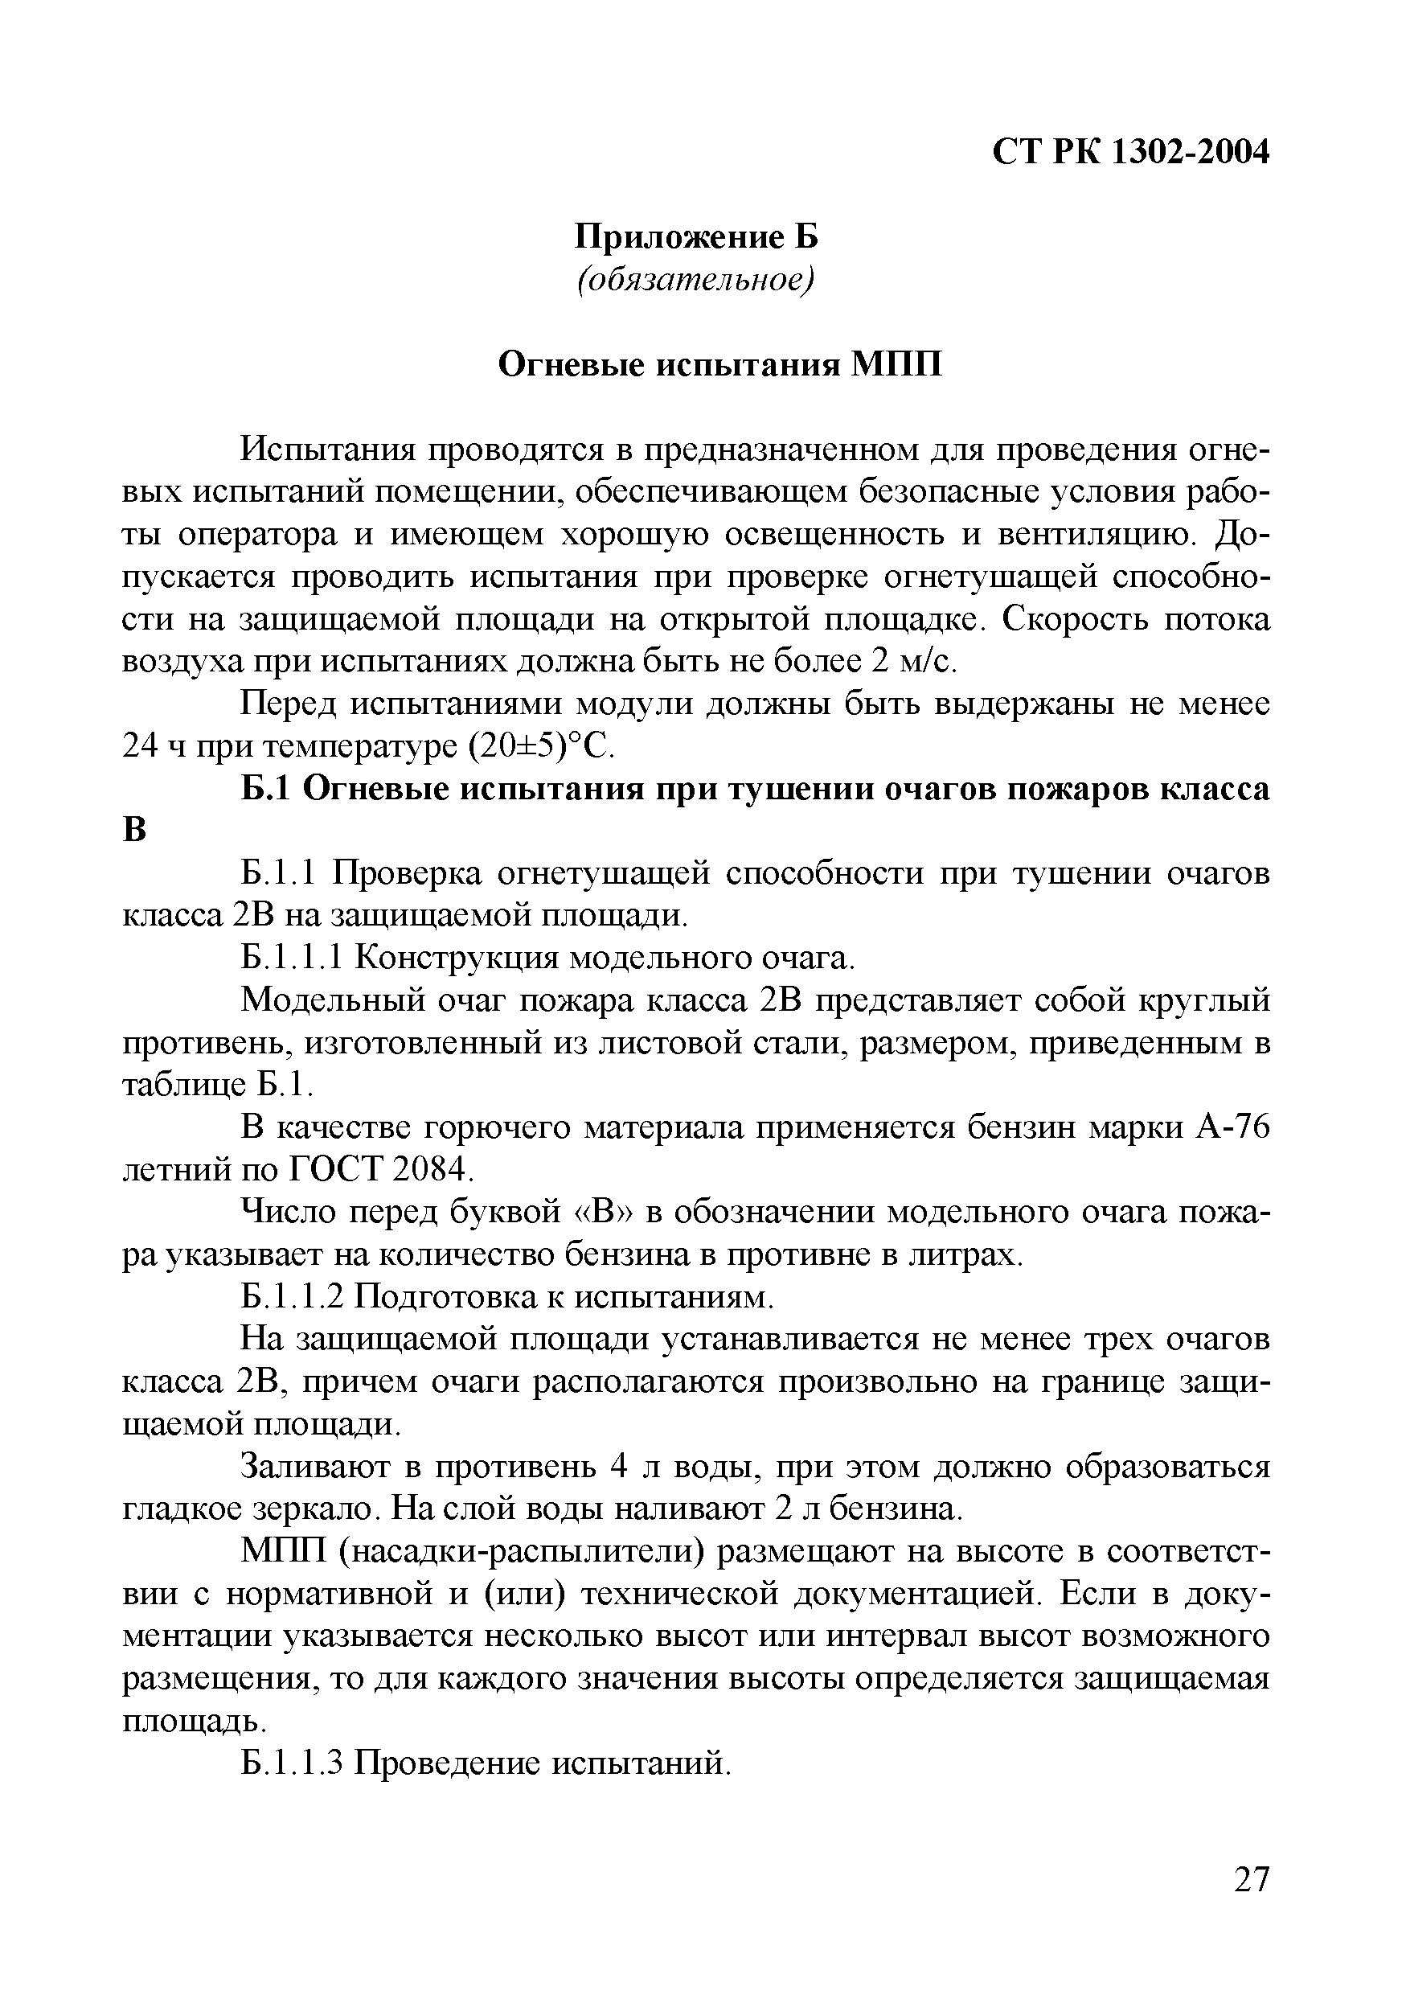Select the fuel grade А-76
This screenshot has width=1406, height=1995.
pyautogui.click(x=1232, y=1127)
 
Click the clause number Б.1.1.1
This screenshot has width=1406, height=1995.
pyautogui.click(x=293, y=959)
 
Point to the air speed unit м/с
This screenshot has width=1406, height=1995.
pyautogui.click(x=927, y=662)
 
